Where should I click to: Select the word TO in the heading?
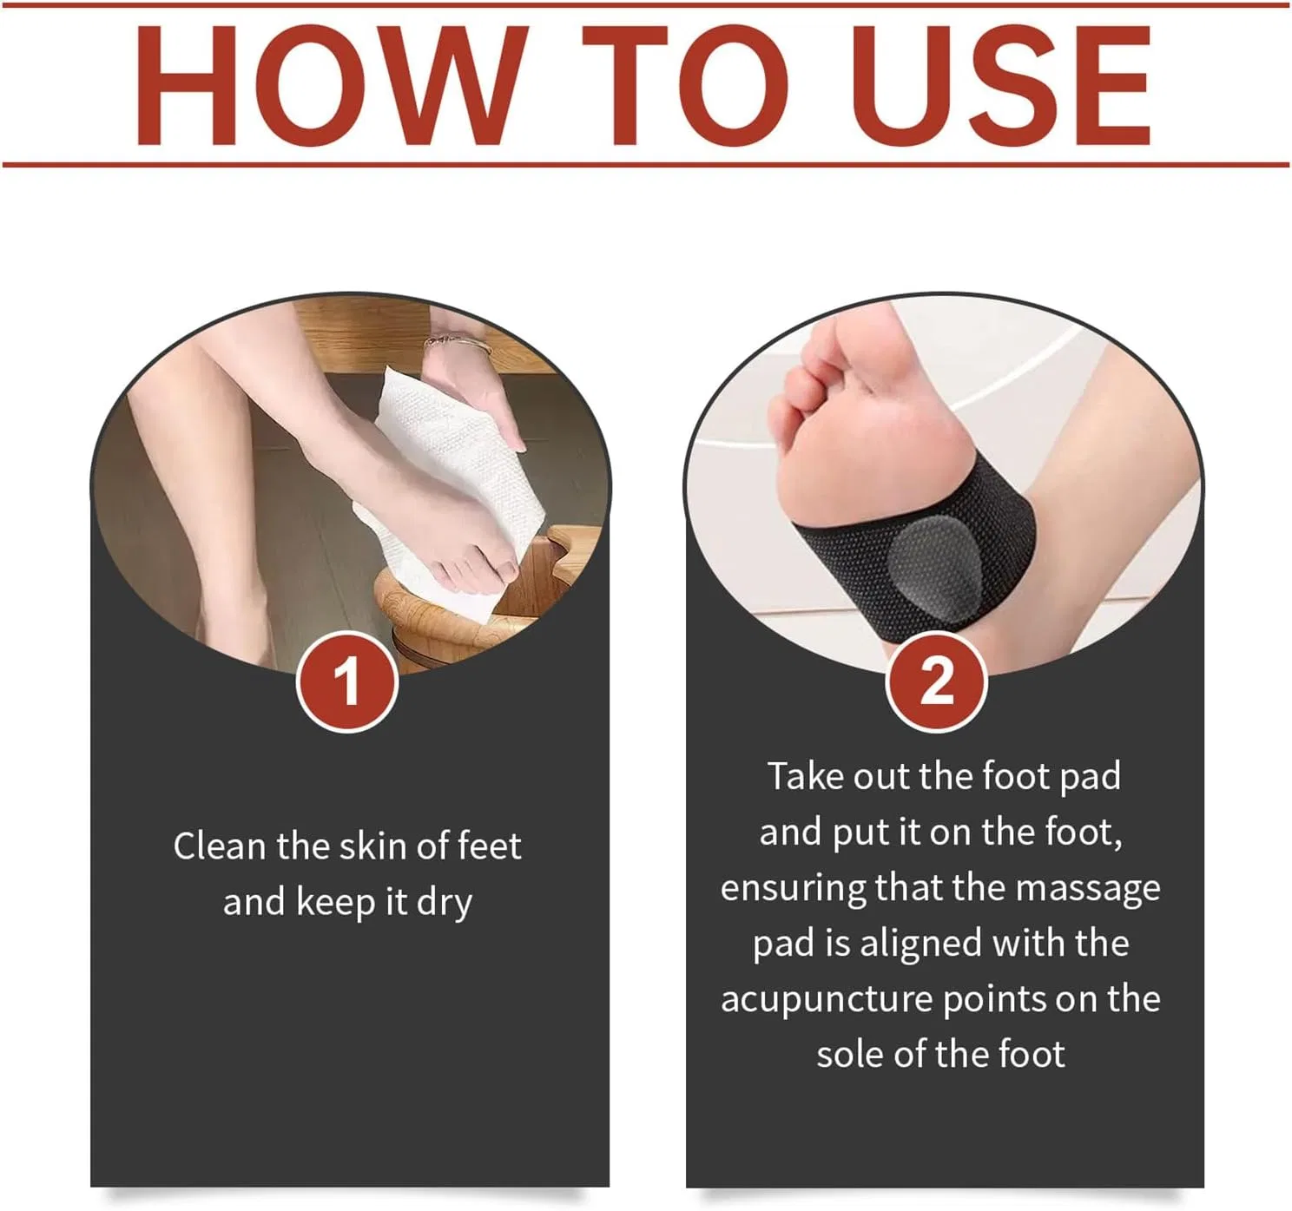(685, 85)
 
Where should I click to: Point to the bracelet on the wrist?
(458, 344)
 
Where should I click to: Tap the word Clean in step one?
(220, 847)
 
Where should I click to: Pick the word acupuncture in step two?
(827, 1000)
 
